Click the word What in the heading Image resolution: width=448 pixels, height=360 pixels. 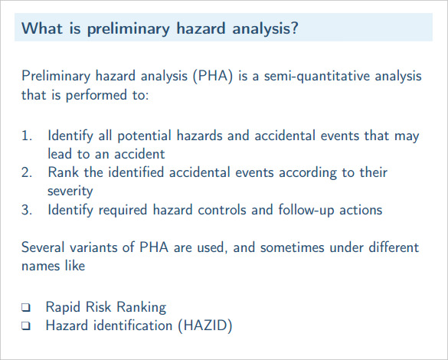pyautogui.click(x=42, y=28)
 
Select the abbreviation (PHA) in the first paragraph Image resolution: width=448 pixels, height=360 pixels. pyautogui.click(x=213, y=76)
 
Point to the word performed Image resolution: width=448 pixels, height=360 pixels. pyautogui.click(x=96, y=95)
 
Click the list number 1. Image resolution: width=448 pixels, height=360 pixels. pyautogui.click(x=27, y=136)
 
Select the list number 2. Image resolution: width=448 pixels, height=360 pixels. pyautogui.click(x=27, y=172)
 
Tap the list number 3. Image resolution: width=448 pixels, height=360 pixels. pyautogui.click(x=27, y=210)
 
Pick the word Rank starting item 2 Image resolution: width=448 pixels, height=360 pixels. pyautogui.click(x=63, y=172)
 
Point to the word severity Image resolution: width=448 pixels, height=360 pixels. pyautogui.click(x=70, y=191)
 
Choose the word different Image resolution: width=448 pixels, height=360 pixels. pyautogui.click(x=394, y=247)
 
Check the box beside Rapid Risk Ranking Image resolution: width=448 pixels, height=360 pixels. pyautogui.click(x=26, y=307)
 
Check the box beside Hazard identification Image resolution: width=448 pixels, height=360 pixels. pyautogui.click(x=26, y=326)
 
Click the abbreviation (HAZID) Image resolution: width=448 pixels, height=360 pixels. pyautogui.click(x=205, y=326)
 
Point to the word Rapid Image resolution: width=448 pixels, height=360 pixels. pyautogui.click(x=63, y=307)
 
